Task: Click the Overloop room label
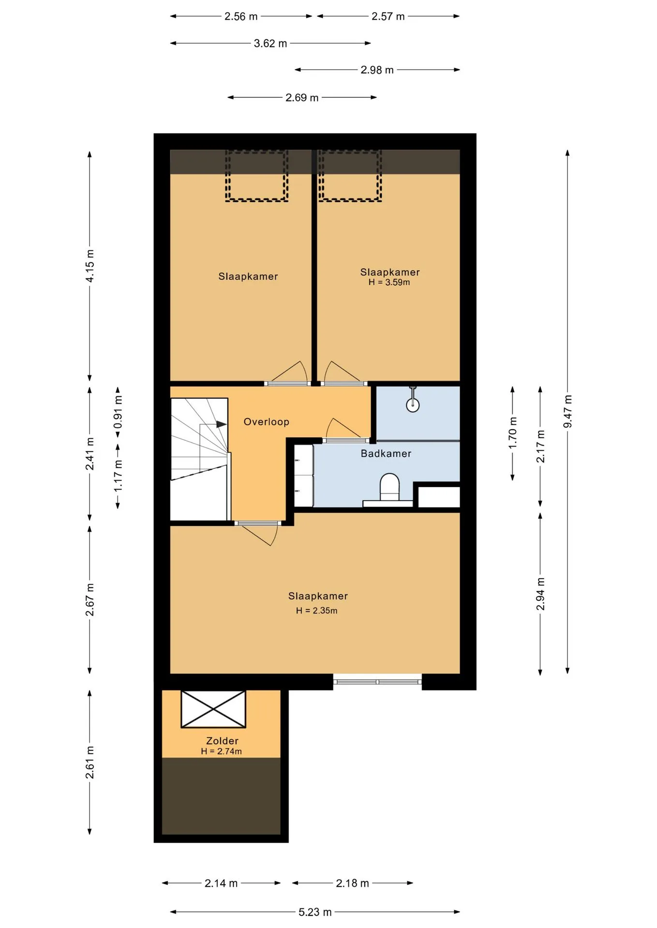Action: click(266, 422)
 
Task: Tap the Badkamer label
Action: click(386, 454)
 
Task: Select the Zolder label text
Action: click(222, 741)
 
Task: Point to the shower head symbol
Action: click(413, 400)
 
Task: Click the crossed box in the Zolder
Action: click(213, 709)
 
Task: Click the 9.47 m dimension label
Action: click(567, 411)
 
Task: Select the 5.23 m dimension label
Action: click(315, 912)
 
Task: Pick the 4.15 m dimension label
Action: click(90, 266)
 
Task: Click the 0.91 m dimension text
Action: click(118, 412)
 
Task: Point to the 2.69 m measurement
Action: click(302, 98)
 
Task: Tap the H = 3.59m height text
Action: click(389, 282)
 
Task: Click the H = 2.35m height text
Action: click(317, 610)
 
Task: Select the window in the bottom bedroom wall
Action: click(377, 681)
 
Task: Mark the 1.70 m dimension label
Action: click(513, 433)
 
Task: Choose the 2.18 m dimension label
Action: click(352, 883)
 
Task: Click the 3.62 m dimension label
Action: click(270, 43)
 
